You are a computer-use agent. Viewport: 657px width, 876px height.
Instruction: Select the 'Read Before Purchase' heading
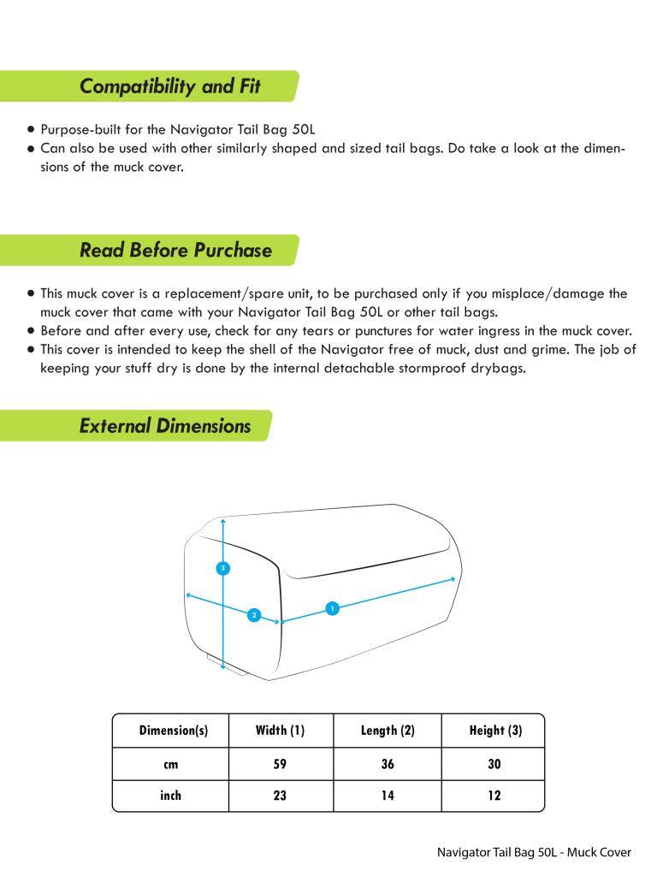pos(175,251)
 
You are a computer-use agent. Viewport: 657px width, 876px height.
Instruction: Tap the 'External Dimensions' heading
pos(165,426)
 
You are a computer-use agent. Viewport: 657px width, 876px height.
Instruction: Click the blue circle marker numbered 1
pos(333,608)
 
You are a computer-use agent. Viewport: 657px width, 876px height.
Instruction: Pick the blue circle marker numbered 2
pos(253,615)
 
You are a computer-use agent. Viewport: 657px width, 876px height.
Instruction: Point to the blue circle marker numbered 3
pos(223,568)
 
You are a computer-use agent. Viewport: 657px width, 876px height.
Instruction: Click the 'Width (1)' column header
pos(280,731)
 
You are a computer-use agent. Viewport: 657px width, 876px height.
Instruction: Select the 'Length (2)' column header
pos(388,731)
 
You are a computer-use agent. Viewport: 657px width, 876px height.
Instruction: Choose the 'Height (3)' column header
pos(495,731)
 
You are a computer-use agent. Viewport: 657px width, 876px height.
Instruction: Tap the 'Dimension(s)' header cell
pos(173,731)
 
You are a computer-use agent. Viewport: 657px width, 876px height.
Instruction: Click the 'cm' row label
pos(171,764)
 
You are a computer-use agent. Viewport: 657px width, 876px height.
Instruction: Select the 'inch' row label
pos(171,796)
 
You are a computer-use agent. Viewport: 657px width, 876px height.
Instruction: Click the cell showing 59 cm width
pos(280,764)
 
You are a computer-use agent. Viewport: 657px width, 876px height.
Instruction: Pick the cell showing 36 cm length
pos(388,764)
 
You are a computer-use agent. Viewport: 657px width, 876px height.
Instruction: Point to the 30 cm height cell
pos(494,764)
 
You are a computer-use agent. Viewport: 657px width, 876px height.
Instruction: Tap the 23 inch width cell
pos(280,796)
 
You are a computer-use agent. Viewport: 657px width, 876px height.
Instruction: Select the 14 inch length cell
pos(388,796)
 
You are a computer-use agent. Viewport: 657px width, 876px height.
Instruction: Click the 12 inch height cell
pos(494,796)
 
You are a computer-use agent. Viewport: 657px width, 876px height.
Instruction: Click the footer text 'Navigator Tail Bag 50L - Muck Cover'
pos(534,852)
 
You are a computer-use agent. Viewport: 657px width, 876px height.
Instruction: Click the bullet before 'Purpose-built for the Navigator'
pos(32,130)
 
